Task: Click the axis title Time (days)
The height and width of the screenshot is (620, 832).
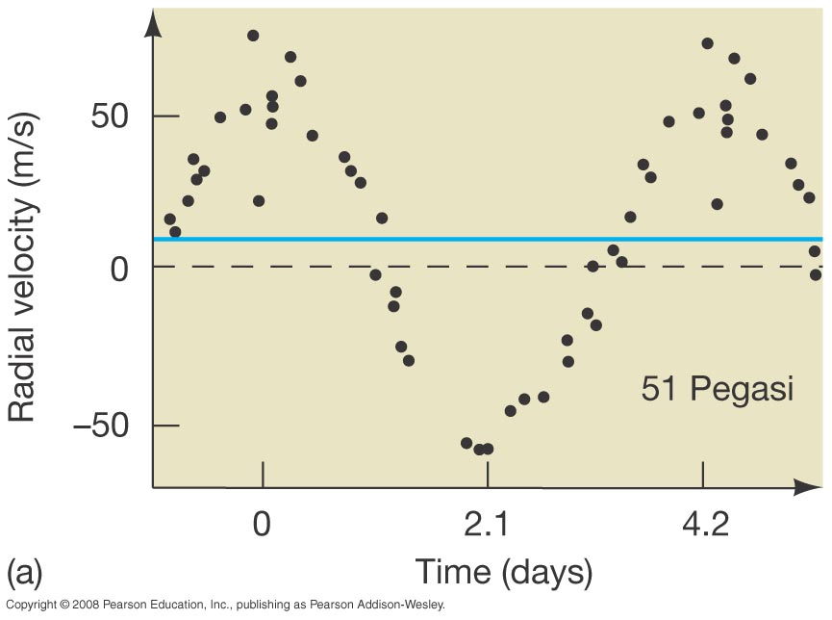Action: (x=503, y=573)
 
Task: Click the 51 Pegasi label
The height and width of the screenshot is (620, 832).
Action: (x=717, y=390)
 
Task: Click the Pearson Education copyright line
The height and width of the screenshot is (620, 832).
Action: (x=224, y=606)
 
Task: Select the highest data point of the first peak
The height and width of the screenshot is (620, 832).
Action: (x=253, y=36)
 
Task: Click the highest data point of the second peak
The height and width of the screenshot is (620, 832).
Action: (x=708, y=43)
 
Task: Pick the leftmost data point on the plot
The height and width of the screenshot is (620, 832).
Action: (x=170, y=220)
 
